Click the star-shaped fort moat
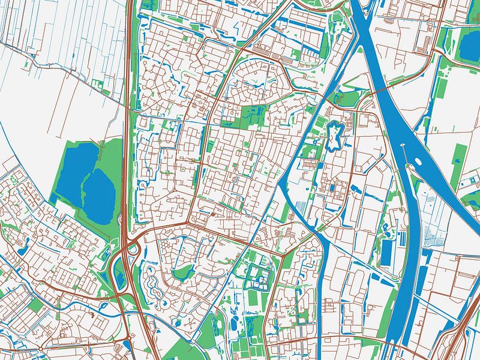click(x=334, y=135)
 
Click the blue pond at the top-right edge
click(x=470, y=45)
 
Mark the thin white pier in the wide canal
click(x=404, y=152)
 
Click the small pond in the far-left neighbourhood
click(x=25, y=243)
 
